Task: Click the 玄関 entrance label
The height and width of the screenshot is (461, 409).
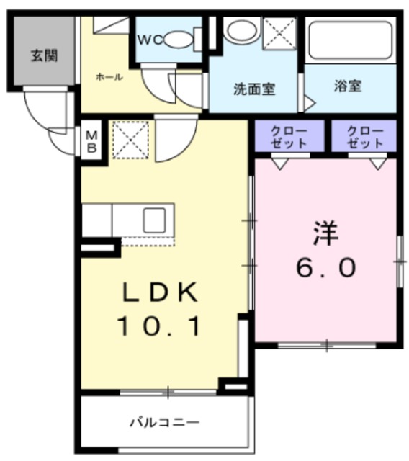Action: [x=44, y=56]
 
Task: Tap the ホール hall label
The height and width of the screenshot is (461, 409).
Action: [x=109, y=77]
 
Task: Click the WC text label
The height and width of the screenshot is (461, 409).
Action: [x=150, y=40]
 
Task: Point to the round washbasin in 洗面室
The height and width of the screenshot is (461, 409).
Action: [x=241, y=30]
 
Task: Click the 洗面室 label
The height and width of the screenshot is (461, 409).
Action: [x=254, y=89]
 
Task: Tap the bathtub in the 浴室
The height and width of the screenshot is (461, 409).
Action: [x=351, y=40]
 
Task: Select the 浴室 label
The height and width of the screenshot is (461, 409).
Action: [x=348, y=86]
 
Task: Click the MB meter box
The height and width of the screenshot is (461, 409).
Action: [x=91, y=142]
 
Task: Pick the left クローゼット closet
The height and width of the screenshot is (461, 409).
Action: [x=289, y=137]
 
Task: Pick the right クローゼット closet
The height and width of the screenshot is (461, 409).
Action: [x=364, y=137]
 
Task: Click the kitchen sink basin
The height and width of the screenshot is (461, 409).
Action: [x=154, y=220]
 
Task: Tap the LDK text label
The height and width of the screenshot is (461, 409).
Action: [x=160, y=292]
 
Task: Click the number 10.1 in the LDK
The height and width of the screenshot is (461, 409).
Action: [x=160, y=326]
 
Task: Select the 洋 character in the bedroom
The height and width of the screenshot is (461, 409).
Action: [x=326, y=233]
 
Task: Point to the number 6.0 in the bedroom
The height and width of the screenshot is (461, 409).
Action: [x=326, y=268]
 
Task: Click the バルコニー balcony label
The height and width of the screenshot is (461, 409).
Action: [x=165, y=423]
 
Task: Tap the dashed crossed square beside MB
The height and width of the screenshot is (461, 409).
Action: [x=130, y=140]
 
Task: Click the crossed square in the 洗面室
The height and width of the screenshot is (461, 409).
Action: [x=279, y=33]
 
